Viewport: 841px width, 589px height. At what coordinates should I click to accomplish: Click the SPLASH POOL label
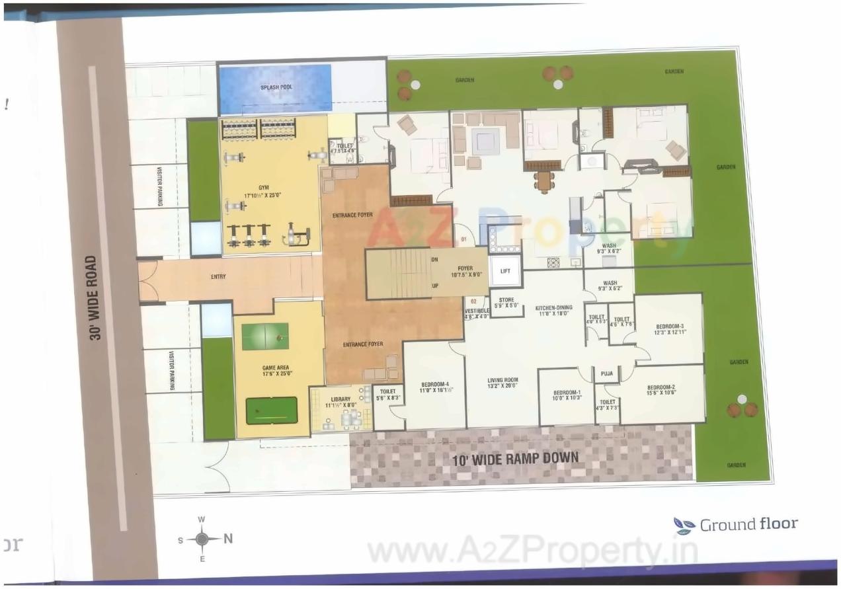coord(276,87)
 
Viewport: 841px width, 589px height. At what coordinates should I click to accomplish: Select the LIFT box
coord(505,271)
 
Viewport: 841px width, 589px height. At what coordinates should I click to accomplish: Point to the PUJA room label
coord(606,373)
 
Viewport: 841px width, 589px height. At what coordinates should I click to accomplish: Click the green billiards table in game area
coord(272,411)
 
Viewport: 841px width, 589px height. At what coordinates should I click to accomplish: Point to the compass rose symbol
coord(202,539)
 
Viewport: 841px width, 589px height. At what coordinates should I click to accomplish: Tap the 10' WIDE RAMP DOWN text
coord(515,457)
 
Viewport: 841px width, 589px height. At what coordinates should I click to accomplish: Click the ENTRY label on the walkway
coord(219,276)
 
